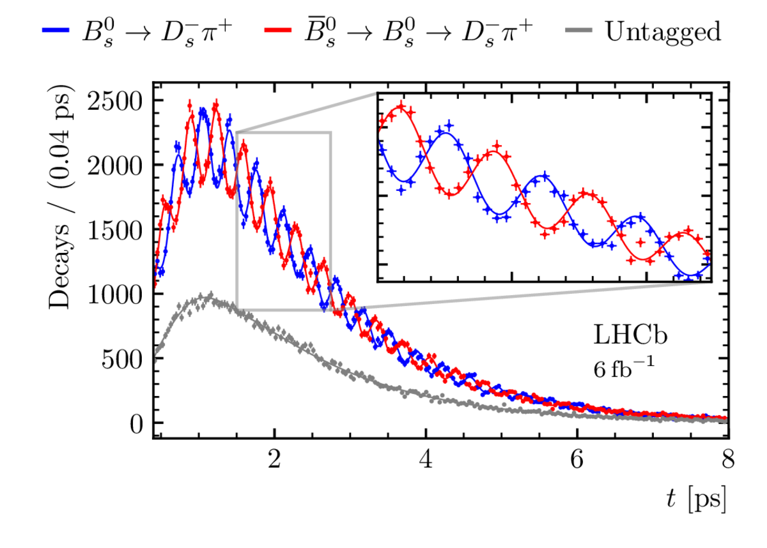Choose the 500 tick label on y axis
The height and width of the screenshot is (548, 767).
tap(122, 359)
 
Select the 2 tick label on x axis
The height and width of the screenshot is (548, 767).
tap(274, 459)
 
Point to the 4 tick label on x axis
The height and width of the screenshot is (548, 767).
tap(426, 459)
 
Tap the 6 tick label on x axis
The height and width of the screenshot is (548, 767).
tap(577, 459)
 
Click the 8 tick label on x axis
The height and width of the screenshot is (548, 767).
tap(728, 459)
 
